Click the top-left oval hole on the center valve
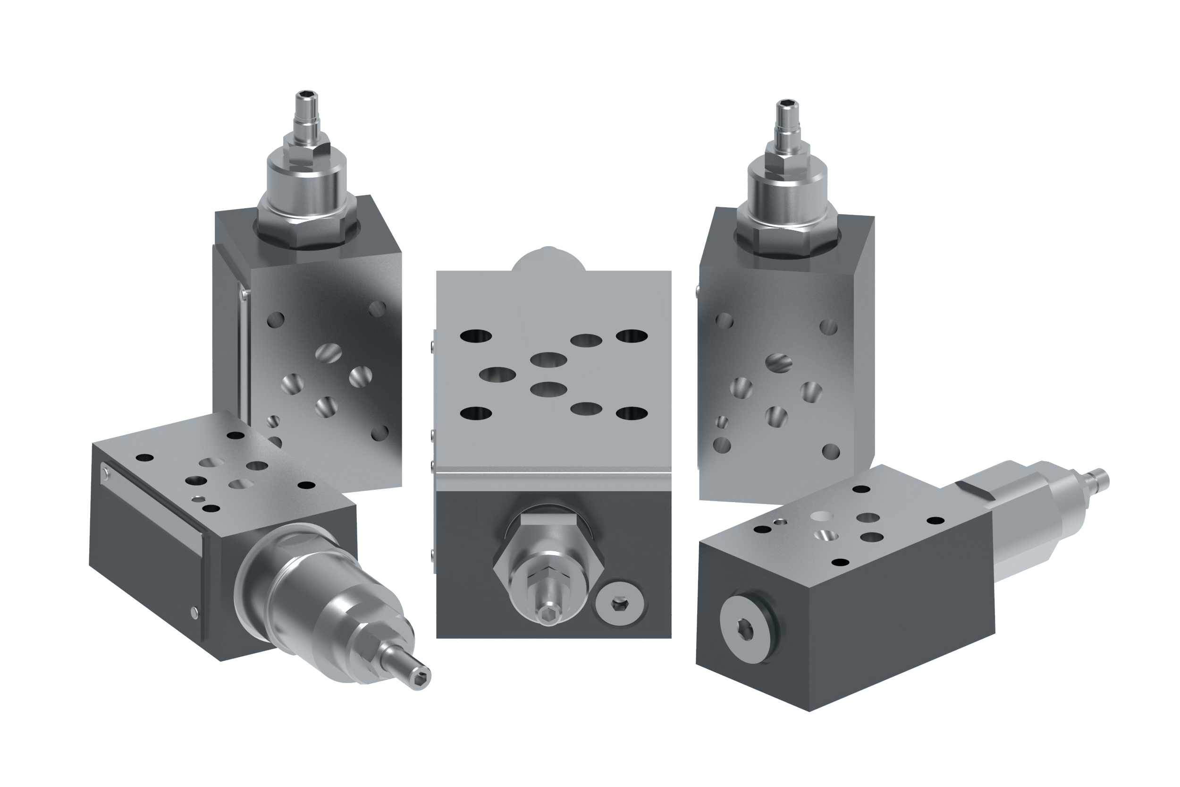click(476, 336)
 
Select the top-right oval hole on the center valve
click(632, 336)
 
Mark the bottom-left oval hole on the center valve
click(476, 413)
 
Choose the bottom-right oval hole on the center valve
click(632, 413)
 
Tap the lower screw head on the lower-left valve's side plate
click(194, 611)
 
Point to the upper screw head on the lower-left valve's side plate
click(105, 470)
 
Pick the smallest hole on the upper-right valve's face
click(723, 421)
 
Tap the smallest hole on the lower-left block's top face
click(201, 499)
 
